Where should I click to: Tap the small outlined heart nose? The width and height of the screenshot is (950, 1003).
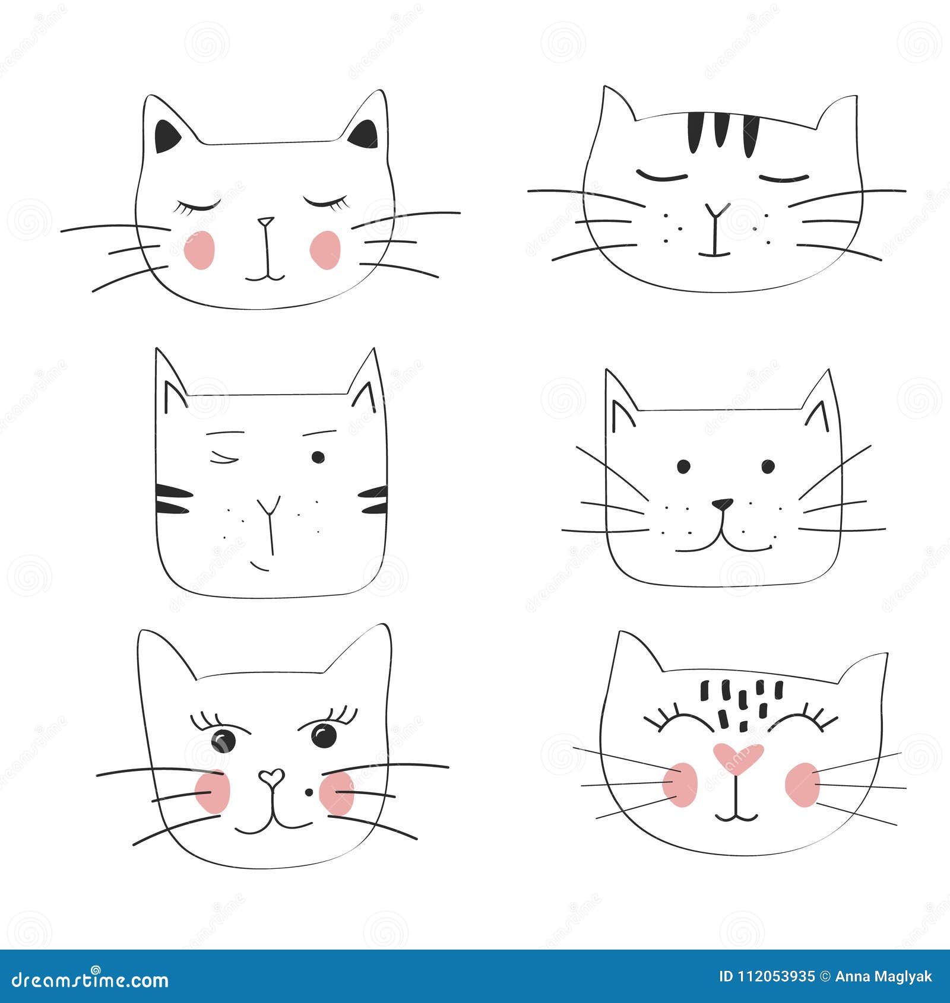pos(271,776)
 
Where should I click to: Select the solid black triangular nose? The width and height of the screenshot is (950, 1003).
pos(723,504)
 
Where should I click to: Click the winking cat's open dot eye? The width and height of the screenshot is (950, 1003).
pos(318,456)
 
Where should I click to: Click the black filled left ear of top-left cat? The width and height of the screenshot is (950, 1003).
pos(167,137)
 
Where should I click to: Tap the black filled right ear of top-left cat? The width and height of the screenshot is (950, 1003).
pos(364,135)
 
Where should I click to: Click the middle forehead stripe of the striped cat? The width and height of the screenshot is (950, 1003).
pos(721,130)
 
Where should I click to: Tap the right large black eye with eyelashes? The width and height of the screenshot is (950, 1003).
pos(324,736)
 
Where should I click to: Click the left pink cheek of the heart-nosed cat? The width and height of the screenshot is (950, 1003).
pos(680,784)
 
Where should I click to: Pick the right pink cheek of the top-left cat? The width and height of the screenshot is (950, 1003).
pos(325,250)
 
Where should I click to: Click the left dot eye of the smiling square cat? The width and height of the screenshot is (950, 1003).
pos(683,466)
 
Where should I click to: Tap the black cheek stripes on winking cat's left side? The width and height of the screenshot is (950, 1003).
pos(173,499)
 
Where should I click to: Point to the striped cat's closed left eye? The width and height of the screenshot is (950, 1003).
pos(661,176)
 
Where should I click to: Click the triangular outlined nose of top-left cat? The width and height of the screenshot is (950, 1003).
pos(266,222)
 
